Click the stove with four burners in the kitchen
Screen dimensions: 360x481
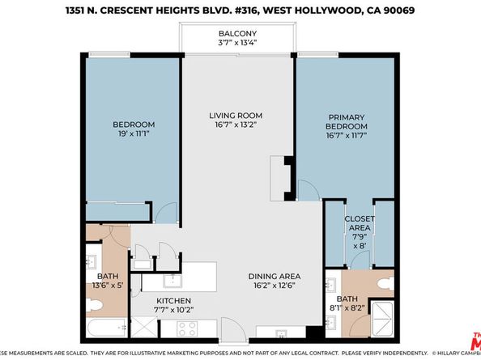(188, 328)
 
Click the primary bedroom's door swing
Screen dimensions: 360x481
(308, 189)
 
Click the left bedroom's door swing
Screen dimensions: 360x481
(165, 214)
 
